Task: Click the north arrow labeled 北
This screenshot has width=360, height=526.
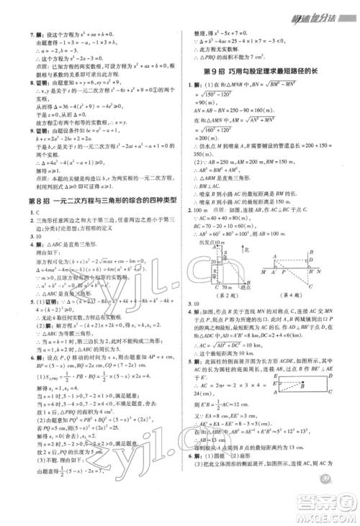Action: click(246, 250)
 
